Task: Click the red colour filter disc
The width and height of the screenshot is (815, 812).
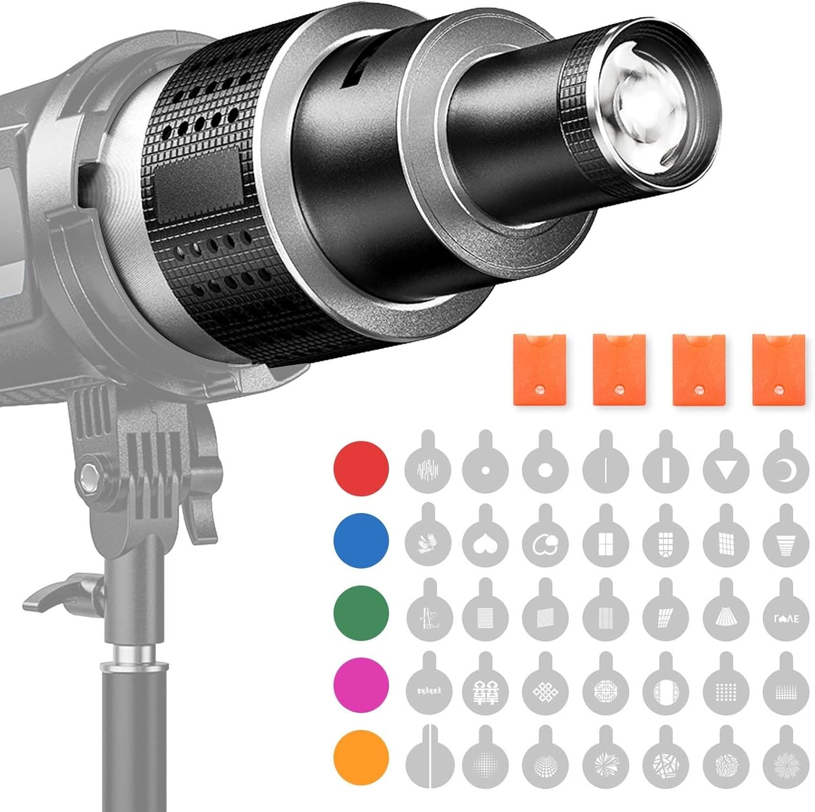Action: pos(361,467)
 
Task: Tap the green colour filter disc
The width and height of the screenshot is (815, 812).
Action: pos(361,613)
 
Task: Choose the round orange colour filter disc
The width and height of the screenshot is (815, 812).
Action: pos(361,758)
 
